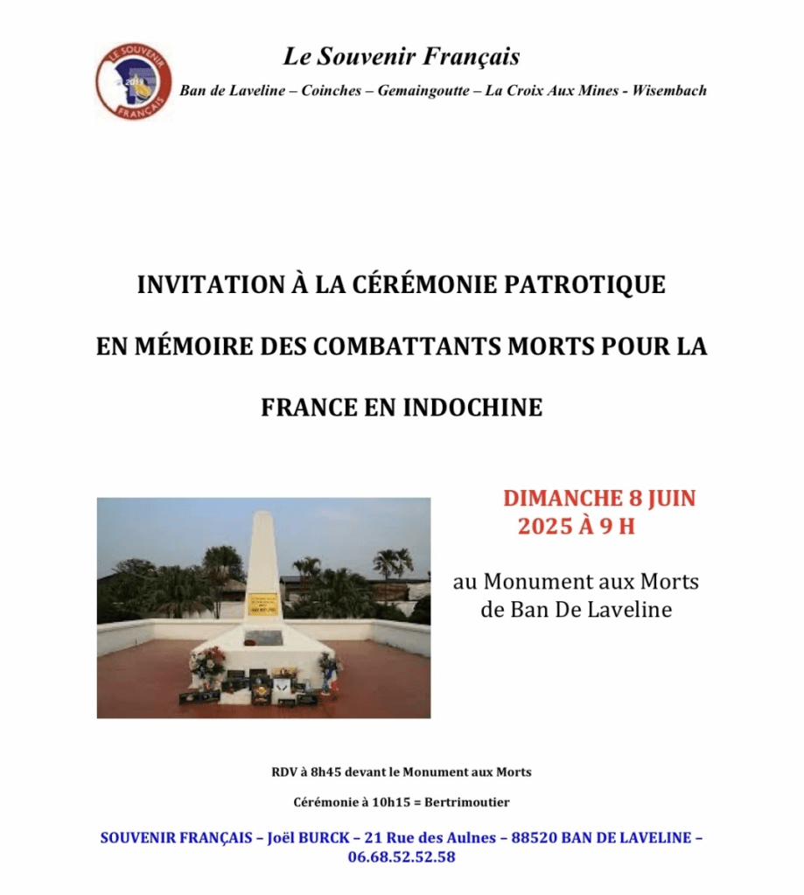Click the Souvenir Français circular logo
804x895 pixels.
pyautogui.click(x=133, y=80)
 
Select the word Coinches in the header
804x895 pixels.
pyautogui.click(x=331, y=91)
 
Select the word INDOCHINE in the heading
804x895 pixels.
pyautogui.click(x=472, y=408)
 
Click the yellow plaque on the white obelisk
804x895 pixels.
pyautogui.click(x=262, y=604)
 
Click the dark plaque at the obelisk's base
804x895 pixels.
pyautogui.click(x=262, y=638)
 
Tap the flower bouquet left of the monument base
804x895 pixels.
pyautogui.click(x=208, y=662)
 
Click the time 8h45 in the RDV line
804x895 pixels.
pyautogui.click(x=323, y=773)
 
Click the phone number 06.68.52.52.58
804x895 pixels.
pyautogui.click(x=401, y=857)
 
